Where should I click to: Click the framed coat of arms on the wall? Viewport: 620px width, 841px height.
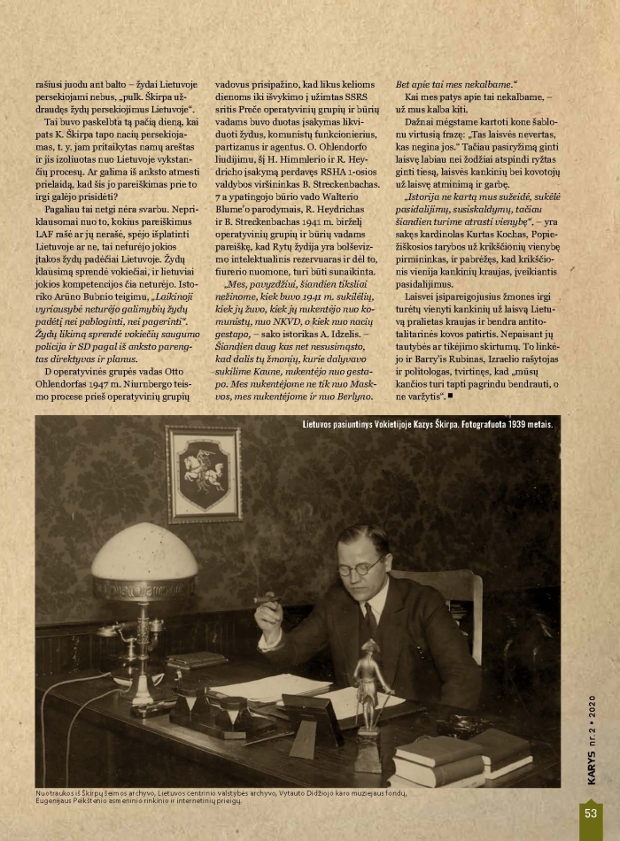(203, 474)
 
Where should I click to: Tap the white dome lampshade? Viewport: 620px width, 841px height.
(144, 552)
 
